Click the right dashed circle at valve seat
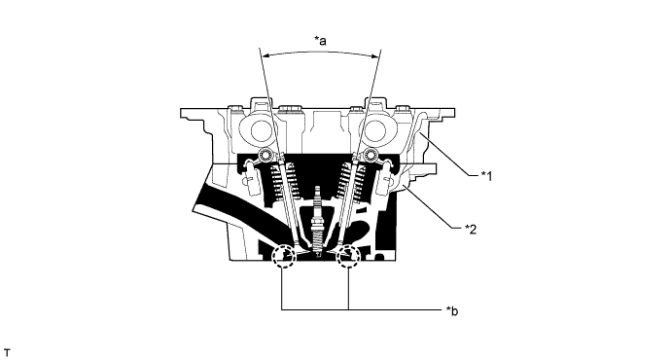pos(348,259)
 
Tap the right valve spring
pos(350,181)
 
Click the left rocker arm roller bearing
pos(263,158)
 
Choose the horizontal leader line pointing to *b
pos(389,309)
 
